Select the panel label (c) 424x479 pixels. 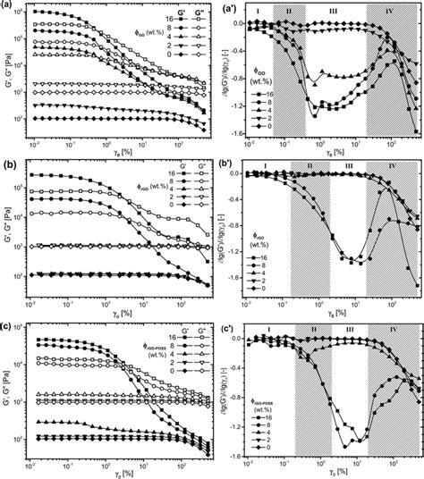[x=8, y=325]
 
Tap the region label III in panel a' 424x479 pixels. [x=332, y=12]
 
